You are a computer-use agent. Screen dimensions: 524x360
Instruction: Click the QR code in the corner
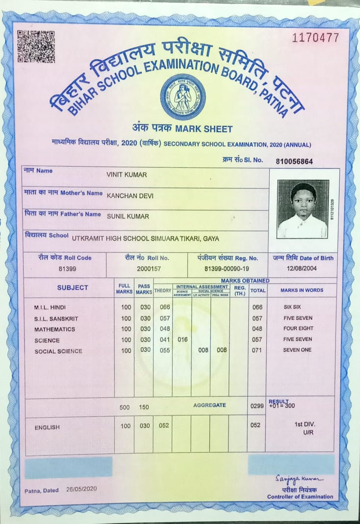[x=36, y=47]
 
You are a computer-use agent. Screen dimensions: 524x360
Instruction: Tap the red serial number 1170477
[x=315, y=37]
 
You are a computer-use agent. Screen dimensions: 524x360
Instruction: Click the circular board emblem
[x=182, y=96]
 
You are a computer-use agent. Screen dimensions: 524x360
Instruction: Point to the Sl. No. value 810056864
[x=294, y=161]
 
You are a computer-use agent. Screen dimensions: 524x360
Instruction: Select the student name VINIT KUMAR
[x=127, y=175]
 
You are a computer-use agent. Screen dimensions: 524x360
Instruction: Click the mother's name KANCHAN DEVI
[x=130, y=195]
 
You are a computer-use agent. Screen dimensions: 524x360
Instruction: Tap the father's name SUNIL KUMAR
[x=128, y=215]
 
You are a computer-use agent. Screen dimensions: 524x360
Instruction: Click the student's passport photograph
[x=303, y=209]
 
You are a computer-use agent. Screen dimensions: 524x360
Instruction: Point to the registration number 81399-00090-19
[x=228, y=269]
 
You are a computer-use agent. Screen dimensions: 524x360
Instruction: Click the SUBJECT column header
[x=73, y=288]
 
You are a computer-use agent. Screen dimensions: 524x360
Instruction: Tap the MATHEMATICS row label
[x=54, y=329]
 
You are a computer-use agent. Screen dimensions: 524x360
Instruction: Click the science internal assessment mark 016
[x=182, y=340]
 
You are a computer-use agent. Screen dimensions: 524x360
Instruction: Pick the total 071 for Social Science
[x=257, y=351]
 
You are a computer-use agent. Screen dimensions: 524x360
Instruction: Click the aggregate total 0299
[x=257, y=406]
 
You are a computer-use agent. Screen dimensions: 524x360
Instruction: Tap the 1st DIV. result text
[x=305, y=423]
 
